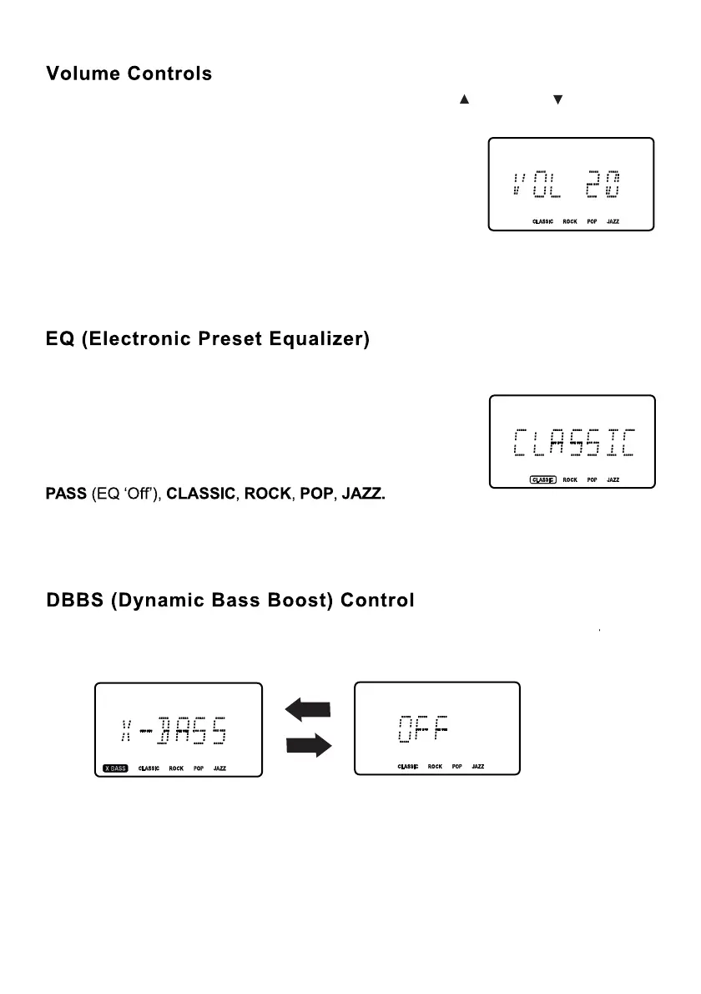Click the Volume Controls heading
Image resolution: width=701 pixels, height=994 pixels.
pos(129,74)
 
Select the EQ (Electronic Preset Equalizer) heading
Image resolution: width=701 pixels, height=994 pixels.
pos(207,341)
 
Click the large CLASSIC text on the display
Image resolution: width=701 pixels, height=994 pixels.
pos(574,444)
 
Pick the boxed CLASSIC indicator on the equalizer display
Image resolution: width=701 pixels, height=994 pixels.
pos(542,480)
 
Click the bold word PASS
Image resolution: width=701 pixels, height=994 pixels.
pos(65,495)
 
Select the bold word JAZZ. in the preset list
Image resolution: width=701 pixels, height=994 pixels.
pos(364,495)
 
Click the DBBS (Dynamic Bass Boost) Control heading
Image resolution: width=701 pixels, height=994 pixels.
pos(229,601)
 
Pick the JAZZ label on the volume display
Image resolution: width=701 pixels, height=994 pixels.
pos(613,222)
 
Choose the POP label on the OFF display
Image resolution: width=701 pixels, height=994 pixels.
pos(457,766)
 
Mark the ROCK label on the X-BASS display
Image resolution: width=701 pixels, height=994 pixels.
pos(176,768)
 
